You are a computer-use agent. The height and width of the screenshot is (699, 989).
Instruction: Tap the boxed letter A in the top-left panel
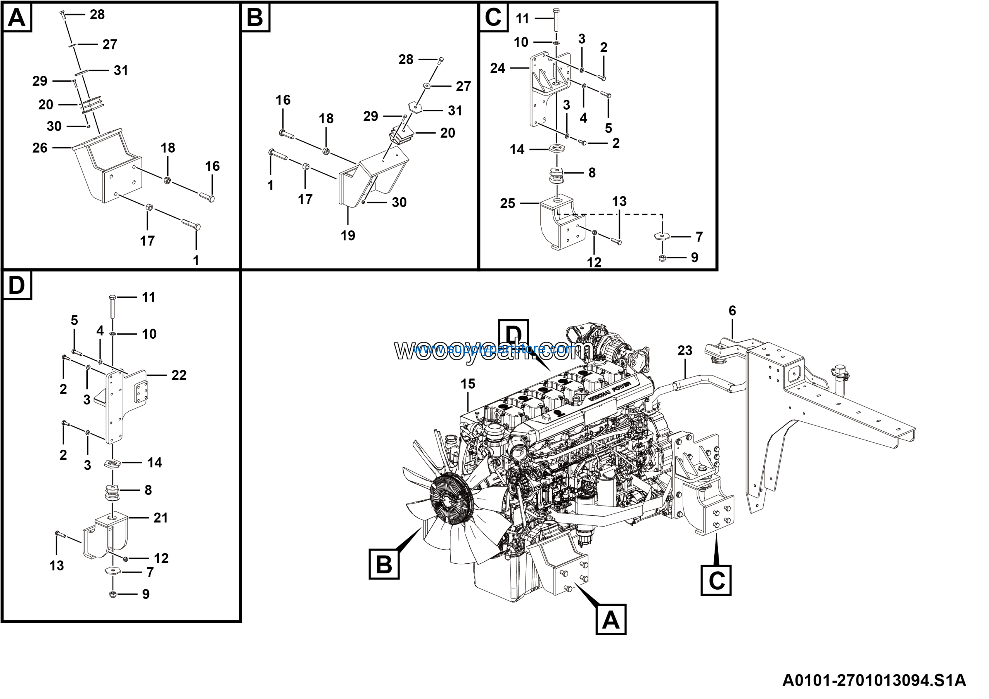point(17,18)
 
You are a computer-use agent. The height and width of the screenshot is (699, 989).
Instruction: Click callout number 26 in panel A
point(40,148)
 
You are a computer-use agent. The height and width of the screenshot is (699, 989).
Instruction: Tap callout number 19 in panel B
point(348,235)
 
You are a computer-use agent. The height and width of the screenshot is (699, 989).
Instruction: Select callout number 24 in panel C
point(498,68)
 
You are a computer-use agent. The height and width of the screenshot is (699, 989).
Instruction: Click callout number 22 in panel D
point(179,375)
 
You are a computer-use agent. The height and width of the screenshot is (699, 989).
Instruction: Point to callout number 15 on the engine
point(468,384)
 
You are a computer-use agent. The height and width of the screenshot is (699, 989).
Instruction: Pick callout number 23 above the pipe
point(685,351)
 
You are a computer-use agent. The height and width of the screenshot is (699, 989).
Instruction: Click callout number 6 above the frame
point(732,311)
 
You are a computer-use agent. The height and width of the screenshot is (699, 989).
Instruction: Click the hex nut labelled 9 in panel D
point(113,594)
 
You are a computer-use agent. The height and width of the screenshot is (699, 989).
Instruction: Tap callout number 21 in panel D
point(161,518)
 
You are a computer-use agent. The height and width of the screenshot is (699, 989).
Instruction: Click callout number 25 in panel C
point(507,203)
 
